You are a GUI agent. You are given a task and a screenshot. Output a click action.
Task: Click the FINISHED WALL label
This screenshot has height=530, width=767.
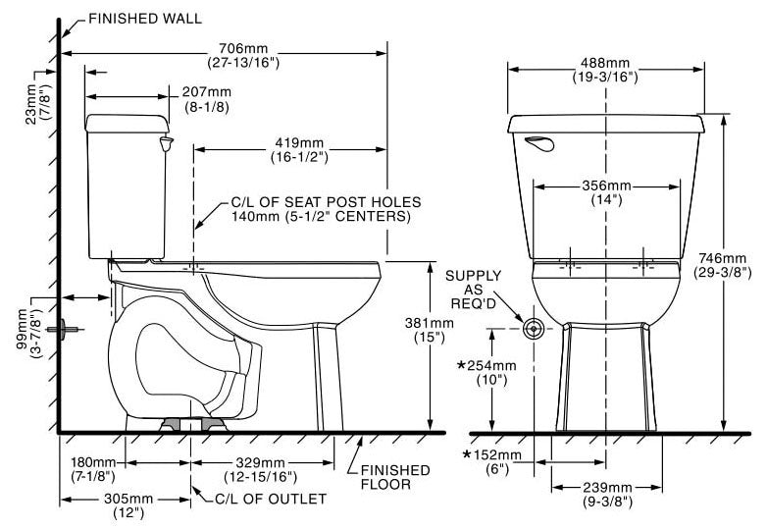[x=145, y=19]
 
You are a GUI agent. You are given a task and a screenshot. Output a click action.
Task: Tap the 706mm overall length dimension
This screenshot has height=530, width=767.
[x=243, y=55]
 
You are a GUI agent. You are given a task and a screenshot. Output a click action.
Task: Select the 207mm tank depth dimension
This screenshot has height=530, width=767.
[x=207, y=99]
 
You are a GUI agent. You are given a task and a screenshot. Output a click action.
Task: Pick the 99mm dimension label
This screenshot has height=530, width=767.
[x=28, y=334]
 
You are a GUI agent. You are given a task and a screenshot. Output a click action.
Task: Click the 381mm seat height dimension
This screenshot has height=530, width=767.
[x=429, y=331]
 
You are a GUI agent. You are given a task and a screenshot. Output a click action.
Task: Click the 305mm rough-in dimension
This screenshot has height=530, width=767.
[x=128, y=506]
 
